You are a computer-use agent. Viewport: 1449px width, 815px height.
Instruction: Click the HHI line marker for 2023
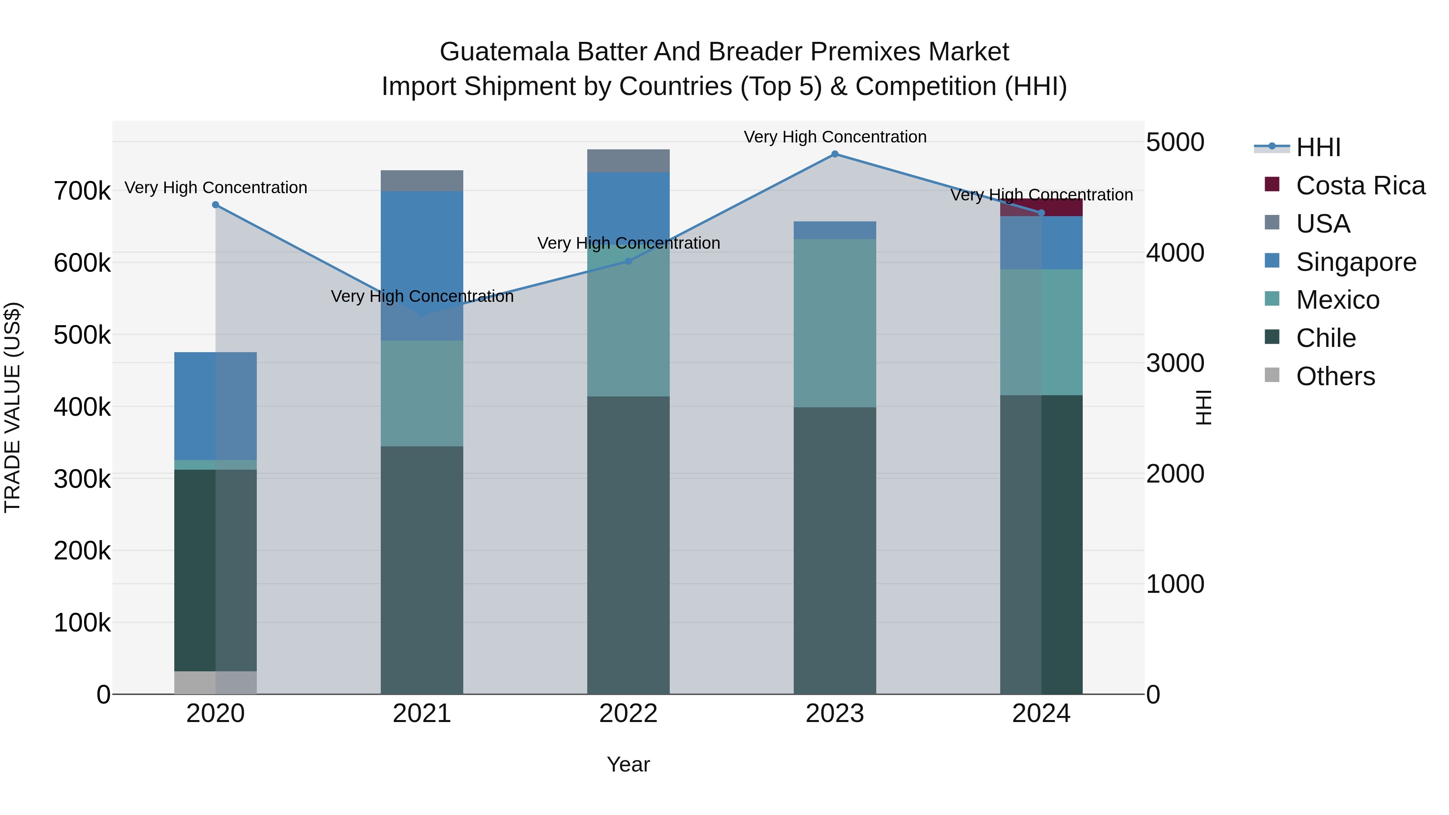pyautogui.click(x=835, y=154)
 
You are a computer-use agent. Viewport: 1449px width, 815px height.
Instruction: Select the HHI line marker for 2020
pyautogui.click(x=215, y=205)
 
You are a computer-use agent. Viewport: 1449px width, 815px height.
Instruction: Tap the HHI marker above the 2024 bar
pyautogui.click(x=1041, y=213)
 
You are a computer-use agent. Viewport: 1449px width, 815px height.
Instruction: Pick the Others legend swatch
pyautogui.click(x=1272, y=375)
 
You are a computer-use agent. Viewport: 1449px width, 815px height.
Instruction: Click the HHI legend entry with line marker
pyautogui.click(x=1299, y=147)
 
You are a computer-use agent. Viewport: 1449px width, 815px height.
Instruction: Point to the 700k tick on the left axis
pyautogui.click(x=82, y=191)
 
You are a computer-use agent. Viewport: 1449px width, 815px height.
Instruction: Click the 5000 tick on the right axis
pyautogui.click(x=1175, y=142)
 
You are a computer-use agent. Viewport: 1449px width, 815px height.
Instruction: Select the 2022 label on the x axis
pyautogui.click(x=628, y=714)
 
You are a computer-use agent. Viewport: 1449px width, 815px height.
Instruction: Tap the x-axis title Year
pyautogui.click(x=628, y=764)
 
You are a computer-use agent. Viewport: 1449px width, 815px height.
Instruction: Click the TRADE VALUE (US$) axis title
pyautogui.click(x=13, y=407)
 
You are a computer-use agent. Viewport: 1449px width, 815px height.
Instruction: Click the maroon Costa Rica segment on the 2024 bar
pyautogui.click(x=1041, y=207)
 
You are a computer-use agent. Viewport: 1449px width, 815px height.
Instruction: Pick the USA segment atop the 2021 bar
pyautogui.click(x=422, y=181)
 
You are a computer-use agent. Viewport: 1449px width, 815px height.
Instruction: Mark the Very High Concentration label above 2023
pyautogui.click(x=835, y=137)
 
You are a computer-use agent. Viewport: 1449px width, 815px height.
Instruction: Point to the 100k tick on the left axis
pyautogui.click(x=82, y=623)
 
